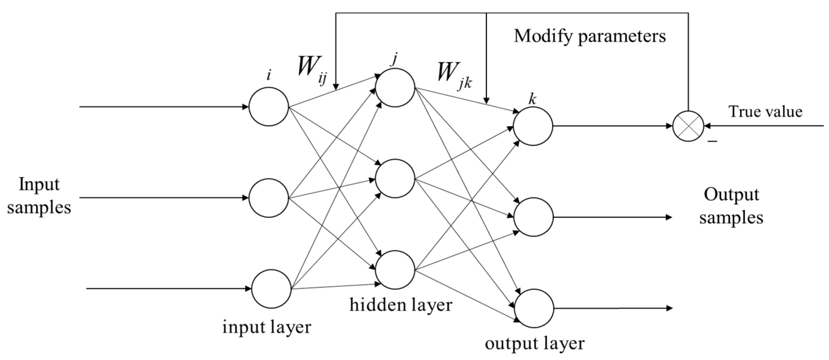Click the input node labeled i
[x=269, y=106]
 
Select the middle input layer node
[x=269, y=198]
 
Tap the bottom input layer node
[x=271, y=289]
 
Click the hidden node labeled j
[x=395, y=88]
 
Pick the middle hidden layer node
[x=395, y=179]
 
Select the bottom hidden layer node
[x=395, y=270]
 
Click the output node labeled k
[x=533, y=126]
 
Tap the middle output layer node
[x=533, y=217]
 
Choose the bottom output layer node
[x=534, y=308]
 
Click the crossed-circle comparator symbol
[x=688, y=126]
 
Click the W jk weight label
[x=454, y=76]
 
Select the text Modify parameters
[x=590, y=36]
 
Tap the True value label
[x=765, y=112]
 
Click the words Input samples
[x=39, y=196]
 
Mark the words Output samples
[x=731, y=206]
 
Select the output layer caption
[x=535, y=343]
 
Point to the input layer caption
[x=267, y=327]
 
